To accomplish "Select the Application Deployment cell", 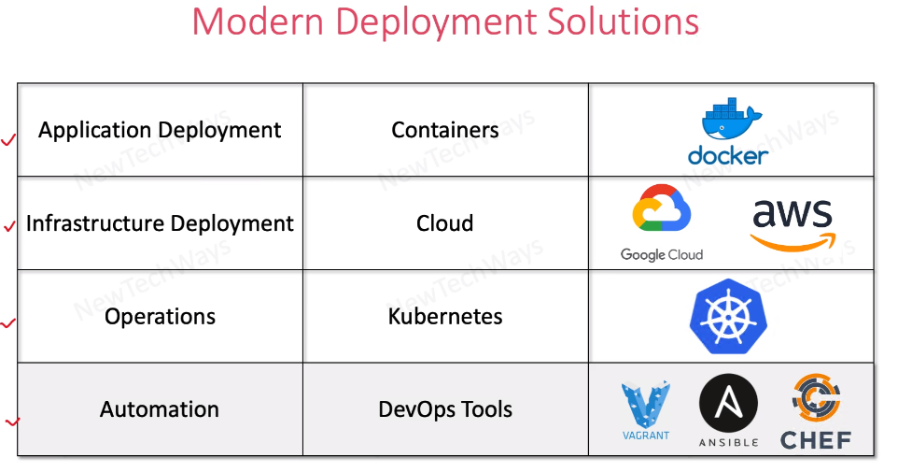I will [160, 130].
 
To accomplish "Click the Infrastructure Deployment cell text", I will [160, 223].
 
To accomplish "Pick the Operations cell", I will [160, 317].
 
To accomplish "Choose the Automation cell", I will [160, 409].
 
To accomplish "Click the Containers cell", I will [445, 130].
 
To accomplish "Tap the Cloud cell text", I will [445, 223].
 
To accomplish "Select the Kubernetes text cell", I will [445, 317].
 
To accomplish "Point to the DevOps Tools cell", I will [445, 409].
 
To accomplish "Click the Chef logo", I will [816, 412].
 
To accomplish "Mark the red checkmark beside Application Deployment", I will [8, 140].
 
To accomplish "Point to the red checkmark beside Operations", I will [8, 323].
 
